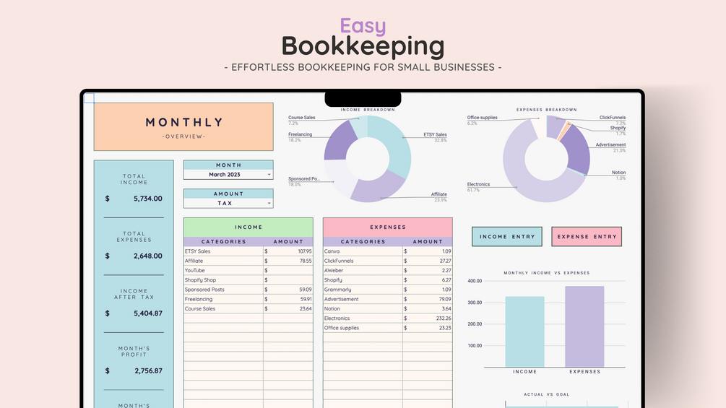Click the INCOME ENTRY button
506,237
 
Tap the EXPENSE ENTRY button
587,237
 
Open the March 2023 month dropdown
228,175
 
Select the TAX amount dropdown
228,204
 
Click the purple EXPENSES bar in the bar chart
584,326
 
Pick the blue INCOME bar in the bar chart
524,331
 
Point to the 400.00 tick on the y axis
474,281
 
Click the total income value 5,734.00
147,198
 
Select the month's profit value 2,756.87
147,370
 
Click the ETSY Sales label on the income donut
435,135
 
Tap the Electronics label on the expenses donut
478,185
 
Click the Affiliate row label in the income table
194,261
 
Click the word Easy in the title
363,26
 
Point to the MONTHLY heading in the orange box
183,123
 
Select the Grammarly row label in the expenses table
337,290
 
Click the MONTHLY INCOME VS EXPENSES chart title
546,273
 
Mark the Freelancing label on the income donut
300,134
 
